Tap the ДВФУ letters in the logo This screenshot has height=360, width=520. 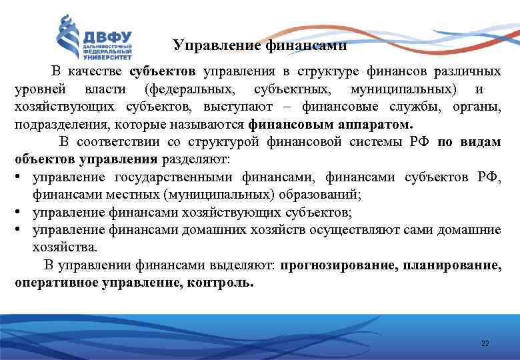(x=108, y=35)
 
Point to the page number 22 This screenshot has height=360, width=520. (x=485, y=343)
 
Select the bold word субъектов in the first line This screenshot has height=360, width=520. (x=163, y=71)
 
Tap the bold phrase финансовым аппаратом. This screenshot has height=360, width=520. (x=331, y=125)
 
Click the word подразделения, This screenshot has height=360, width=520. (x=56, y=125)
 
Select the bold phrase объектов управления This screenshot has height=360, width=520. (x=86, y=160)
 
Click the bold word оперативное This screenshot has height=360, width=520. (x=57, y=282)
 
